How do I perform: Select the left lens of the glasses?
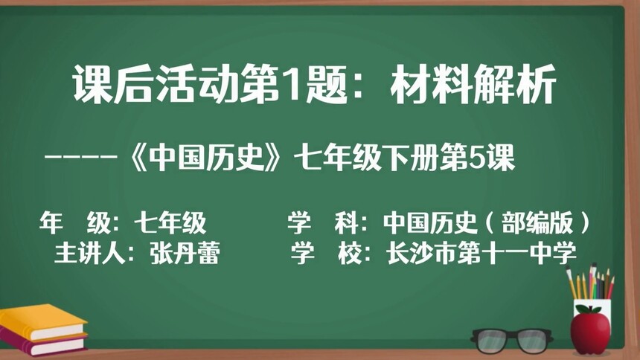pyautogui.click(x=493, y=340)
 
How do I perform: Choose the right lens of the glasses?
pyautogui.click(x=535, y=340)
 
